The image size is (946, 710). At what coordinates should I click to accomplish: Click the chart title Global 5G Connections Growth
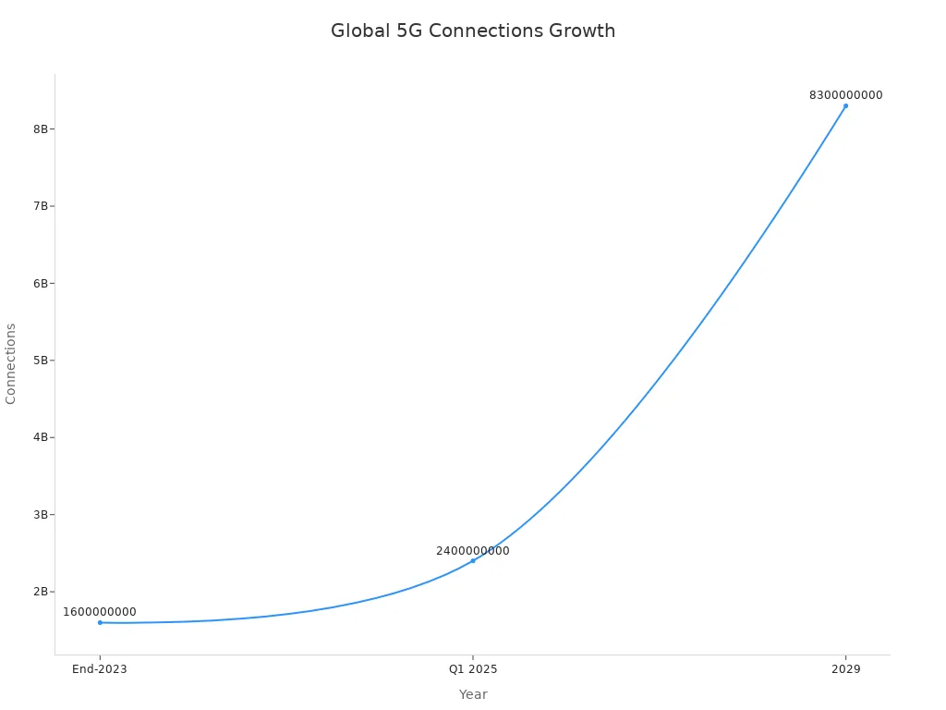point(473,31)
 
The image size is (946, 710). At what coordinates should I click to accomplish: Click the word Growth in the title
point(582,31)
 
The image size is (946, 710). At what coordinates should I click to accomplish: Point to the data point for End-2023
point(100,622)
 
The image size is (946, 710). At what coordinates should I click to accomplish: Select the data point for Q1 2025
point(473,560)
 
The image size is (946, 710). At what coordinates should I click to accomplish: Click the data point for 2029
point(845,105)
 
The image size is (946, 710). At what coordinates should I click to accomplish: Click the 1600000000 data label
point(100,612)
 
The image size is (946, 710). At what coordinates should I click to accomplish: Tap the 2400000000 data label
point(473,551)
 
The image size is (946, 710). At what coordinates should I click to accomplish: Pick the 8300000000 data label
point(845,95)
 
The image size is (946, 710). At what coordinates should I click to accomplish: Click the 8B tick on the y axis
point(41,129)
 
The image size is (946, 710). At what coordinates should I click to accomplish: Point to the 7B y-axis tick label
point(41,206)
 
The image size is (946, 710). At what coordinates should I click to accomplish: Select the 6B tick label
point(41,283)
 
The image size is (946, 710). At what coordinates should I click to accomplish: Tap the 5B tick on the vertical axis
point(41,360)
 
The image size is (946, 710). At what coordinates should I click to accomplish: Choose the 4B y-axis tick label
point(41,437)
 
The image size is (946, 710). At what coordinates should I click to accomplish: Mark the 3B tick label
point(41,514)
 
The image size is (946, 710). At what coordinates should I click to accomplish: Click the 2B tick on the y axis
point(41,592)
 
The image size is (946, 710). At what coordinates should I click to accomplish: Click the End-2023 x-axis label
point(100,669)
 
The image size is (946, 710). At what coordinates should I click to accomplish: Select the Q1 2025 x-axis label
point(473,669)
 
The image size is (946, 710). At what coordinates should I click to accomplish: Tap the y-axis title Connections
point(11,363)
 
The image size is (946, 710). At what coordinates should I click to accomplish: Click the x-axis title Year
point(473,694)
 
